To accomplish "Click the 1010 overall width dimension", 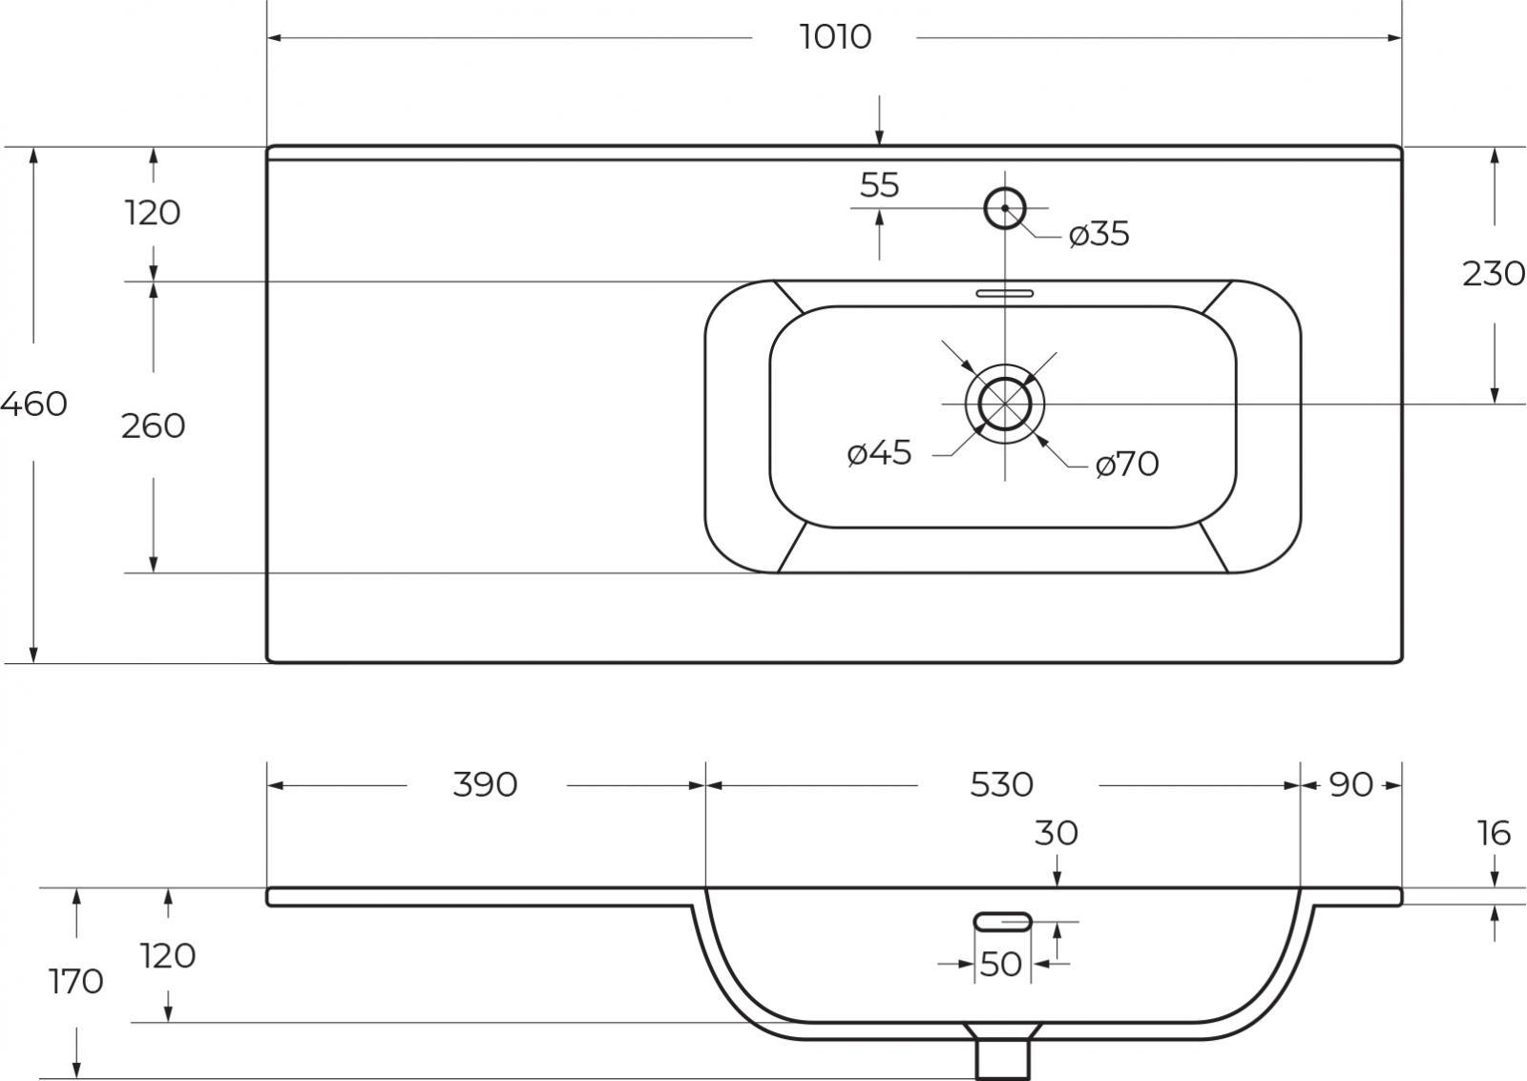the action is coord(835,37).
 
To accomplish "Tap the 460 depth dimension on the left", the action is coord(34,405).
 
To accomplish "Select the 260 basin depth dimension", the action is coord(154,426).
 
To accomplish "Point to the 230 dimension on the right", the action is coord(1494,274).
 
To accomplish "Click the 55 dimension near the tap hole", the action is coord(879,185).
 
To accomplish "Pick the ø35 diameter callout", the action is coord(1098,234).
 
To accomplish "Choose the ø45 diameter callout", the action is coord(879,452).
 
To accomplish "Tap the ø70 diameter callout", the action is coord(1127,464).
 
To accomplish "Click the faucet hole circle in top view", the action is coord(1005,189).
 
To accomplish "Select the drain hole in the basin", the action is coord(1005,378).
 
